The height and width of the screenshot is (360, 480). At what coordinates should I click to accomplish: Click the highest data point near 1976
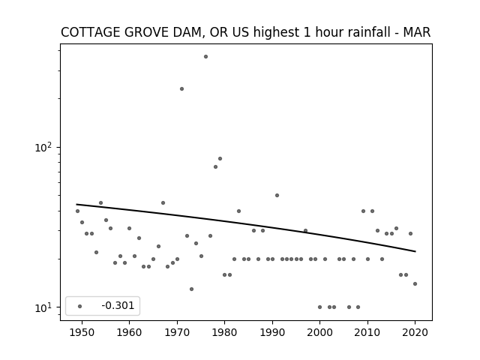pyautogui.click(x=205, y=57)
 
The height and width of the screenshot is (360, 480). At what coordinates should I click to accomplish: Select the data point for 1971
pyautogui.click(x=181, y=88)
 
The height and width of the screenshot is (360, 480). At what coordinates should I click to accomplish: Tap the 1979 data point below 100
pyautogui.click(x=220, y=158)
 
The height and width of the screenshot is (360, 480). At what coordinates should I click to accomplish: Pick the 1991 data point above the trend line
pyautogui.click(x=277, y=195)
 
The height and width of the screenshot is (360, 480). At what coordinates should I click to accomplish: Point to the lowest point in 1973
pyautogui.click(x=192, y=289)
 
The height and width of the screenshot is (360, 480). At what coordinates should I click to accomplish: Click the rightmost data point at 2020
pyautogui.click(x=415, y=283)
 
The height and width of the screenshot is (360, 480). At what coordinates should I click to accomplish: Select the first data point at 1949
pyautogui.click(x=77, y=211)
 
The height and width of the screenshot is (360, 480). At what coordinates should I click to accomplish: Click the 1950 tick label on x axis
pyautogui.click(x=82, y=332)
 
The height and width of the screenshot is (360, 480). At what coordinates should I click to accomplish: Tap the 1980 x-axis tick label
pyautogui.click(x=225, y=332)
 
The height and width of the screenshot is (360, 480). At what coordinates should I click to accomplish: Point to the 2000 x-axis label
pyautogui.click(x=320, y=332)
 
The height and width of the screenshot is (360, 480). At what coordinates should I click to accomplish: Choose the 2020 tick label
pyautogui.click(x=415, y=332)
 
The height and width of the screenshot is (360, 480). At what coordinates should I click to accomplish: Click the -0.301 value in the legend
pyautogui.click(x=118, y=305)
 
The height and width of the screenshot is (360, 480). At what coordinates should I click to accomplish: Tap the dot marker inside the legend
pyautogui.click(x=80, y=306)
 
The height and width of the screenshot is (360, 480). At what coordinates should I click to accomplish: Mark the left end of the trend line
pyautogui.click(x=76, y=204)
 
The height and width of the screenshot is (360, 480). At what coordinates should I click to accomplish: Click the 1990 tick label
pyautogui.click(x=272, y=332)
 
